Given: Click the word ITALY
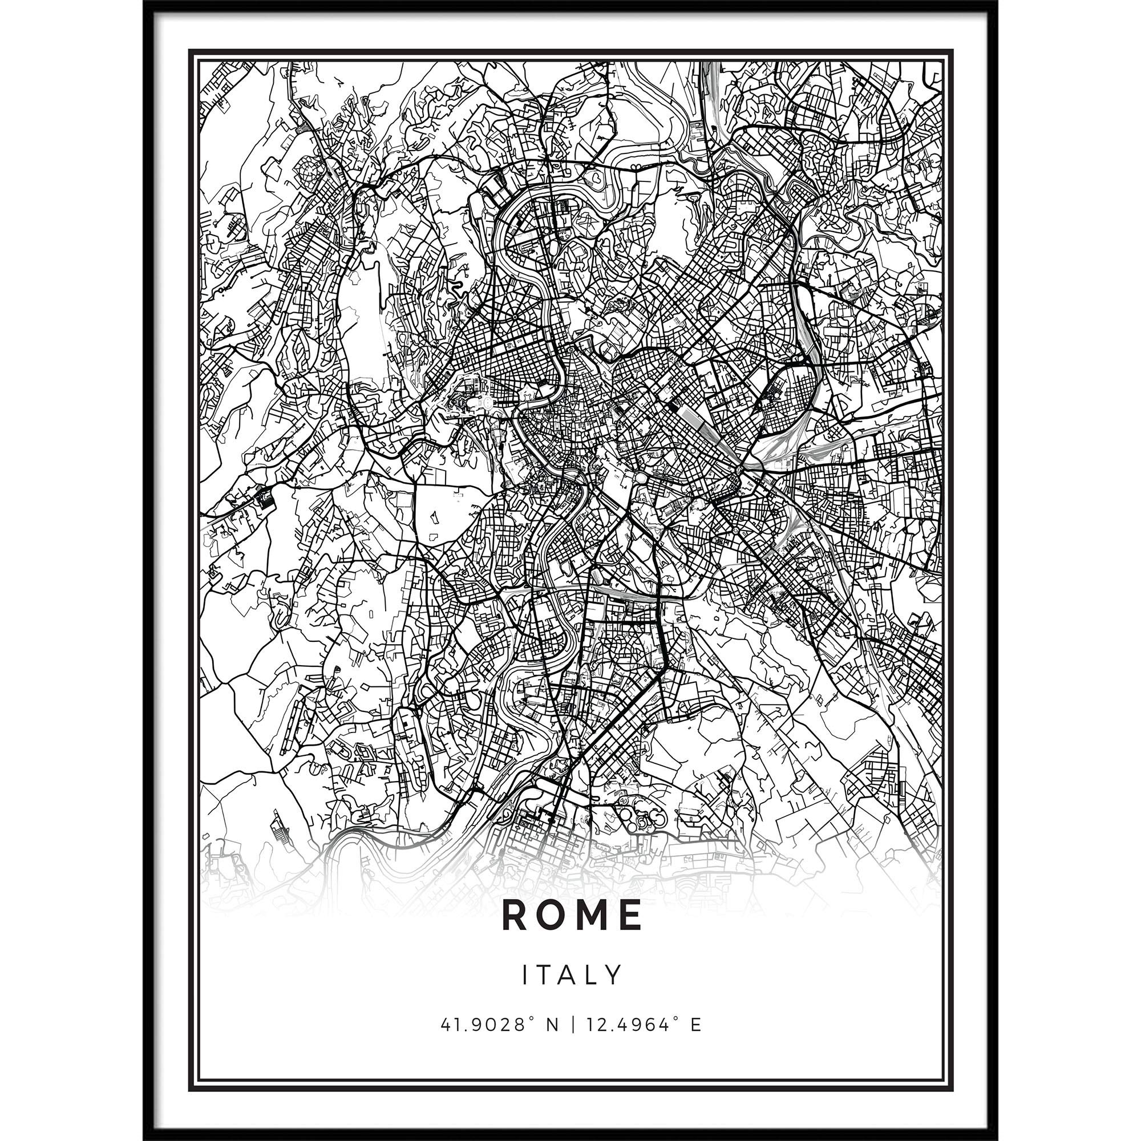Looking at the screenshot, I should point(570,975).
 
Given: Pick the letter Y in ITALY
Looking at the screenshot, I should point(615,975).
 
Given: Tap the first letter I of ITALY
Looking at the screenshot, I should point(524,975).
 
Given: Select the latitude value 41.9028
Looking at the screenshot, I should point(480,1024).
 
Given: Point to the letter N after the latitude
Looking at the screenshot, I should point(552,1024).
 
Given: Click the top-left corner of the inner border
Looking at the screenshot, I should point(198,59).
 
